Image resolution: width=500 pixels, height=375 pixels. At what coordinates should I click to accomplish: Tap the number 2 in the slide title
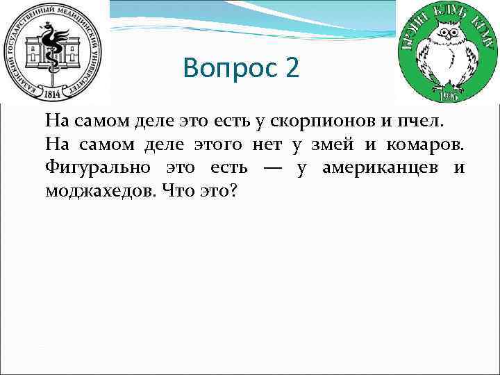tap(291, 69)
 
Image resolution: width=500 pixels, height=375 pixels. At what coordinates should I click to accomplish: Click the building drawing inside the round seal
tap(53, 59)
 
